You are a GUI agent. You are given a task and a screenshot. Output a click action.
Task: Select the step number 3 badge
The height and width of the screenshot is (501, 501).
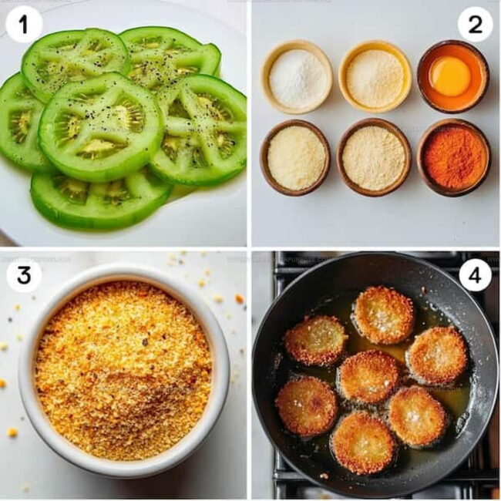coord(24,275)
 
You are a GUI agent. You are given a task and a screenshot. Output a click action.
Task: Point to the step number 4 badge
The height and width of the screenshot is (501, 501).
coord(475,275)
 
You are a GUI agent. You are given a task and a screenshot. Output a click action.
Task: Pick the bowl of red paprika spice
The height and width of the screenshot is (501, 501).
coord(453,157)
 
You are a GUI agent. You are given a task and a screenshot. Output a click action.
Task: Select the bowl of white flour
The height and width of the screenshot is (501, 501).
coord(297,76)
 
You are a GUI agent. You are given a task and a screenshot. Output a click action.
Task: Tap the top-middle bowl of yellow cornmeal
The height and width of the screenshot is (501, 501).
coord(375,76)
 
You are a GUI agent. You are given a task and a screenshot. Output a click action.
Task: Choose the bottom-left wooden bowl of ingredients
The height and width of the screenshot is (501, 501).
coord(295,157)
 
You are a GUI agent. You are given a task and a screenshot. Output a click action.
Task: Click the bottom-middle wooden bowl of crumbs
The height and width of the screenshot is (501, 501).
coord(374,157)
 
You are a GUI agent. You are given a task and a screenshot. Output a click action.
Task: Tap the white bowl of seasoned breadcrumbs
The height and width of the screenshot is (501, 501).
coord(123,368)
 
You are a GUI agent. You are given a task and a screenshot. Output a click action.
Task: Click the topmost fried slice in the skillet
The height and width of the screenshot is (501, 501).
coord(383,314)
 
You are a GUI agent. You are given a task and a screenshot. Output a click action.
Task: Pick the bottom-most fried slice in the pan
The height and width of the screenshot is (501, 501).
coord(362,442)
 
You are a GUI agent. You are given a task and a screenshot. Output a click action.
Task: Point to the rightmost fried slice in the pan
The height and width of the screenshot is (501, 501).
coord(437,355)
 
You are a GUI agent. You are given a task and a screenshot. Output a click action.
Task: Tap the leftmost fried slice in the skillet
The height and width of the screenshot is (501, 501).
coord(307,405)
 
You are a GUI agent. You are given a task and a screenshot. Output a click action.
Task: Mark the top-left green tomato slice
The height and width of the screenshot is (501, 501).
coord(74,62)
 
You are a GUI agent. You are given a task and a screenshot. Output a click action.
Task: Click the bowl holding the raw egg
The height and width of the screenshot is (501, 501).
coord(452,76)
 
